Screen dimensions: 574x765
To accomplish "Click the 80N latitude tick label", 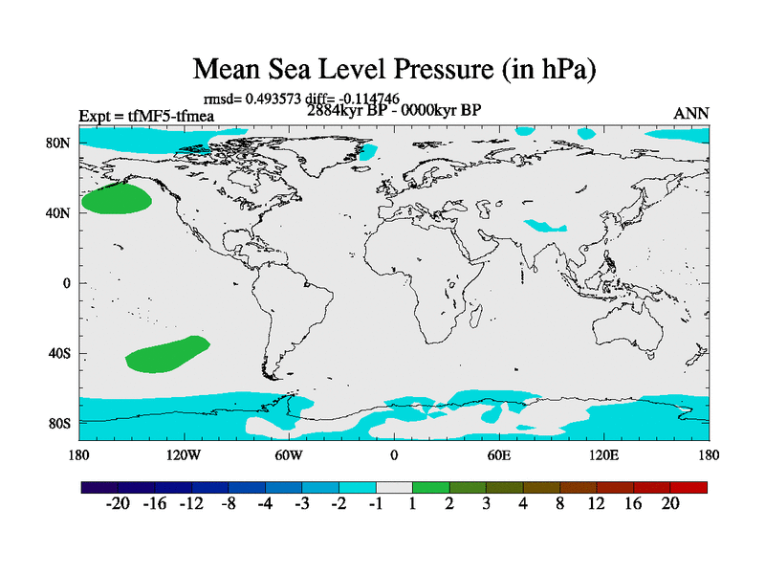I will pyautogui.click(x=59, y=143).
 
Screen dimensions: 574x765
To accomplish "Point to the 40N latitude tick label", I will pyautogui.click(x=59, y=212).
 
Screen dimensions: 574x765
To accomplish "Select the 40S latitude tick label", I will pyautogui.click(x=59, y=353).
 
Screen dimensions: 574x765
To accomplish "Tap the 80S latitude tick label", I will pyautogui.click(x=59, y=423).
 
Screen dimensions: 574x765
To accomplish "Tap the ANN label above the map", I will pyautogui.click(x=691, y=114).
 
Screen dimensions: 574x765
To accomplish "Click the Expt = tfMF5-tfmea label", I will pyautogui.click(x=146, y=117).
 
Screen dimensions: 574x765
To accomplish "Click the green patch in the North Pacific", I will pyautogui.click(x=116, y=199).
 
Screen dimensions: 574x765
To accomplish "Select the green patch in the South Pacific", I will pyautogui.click(x=167, y=354).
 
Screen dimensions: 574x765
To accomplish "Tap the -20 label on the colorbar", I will pyautogui.click(x=119, y=504).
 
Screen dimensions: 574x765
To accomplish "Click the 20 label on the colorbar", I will pyautogui.click(x=670, y=504).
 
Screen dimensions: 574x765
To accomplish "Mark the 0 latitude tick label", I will pyautogui.click(x=67, y=283).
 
